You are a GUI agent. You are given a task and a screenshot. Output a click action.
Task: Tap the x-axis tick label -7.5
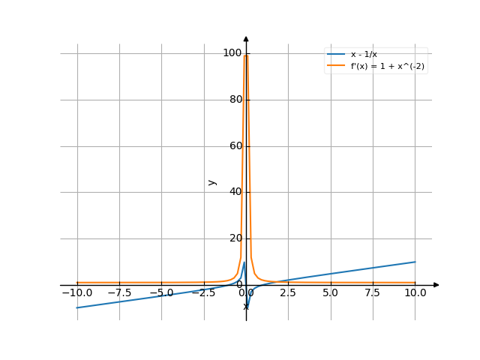(x=118, y=293)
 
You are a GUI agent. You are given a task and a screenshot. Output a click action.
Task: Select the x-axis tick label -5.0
(x=161, y=293)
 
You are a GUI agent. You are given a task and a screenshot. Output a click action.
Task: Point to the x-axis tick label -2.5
(x=203, y=293)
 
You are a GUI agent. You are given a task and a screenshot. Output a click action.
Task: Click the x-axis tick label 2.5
(x=288, y=293)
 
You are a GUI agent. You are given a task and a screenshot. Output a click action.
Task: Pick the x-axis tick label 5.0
(x=330, y=293)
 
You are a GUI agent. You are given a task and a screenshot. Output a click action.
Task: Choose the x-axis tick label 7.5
(x=373, y=293)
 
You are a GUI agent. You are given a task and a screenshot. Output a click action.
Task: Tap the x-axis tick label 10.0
(x=415, y=293)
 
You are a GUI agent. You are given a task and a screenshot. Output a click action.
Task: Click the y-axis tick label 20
(x=236, y=238)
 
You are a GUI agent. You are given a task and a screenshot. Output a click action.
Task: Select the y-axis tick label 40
(x=236, y=192)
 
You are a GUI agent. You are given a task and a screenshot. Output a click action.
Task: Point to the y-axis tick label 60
(x=236, y=145)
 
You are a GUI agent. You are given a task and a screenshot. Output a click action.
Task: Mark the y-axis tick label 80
(x=236, y=99)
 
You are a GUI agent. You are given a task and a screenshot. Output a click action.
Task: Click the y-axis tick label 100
(x=234, y=52)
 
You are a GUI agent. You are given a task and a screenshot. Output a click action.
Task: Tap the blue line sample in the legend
(x=335, y=55)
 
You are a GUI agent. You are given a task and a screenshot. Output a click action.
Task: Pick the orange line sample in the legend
(x=335, y=66)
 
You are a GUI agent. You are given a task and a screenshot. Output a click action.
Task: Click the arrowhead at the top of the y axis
(x=246, y=38)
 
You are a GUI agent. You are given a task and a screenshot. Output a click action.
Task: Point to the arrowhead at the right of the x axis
(x=436, y=285)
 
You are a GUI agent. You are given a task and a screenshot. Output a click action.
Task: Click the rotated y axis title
(x=212, y=182)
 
